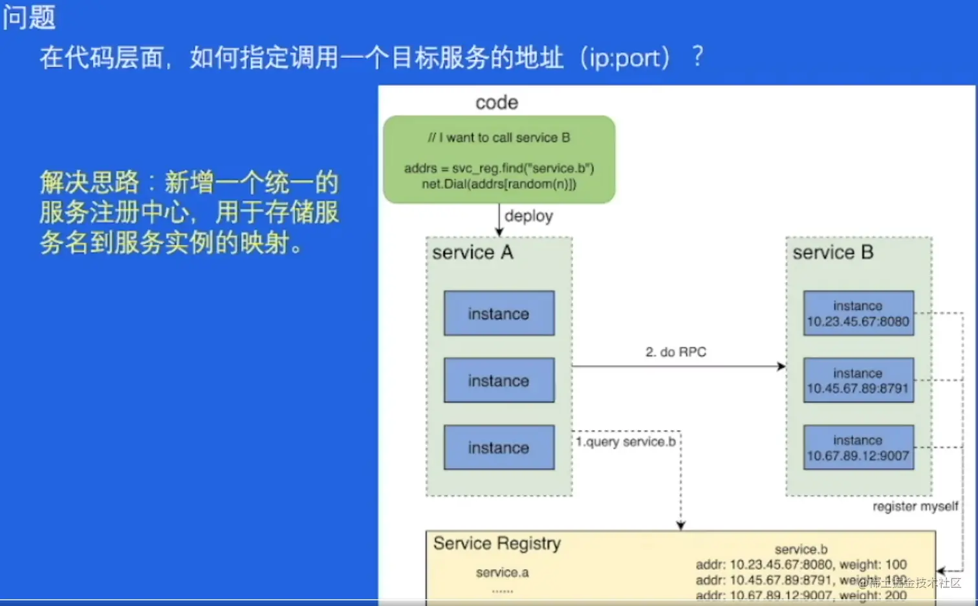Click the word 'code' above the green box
coord(497,103)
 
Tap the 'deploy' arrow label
coord(528,216)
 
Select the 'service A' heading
coord(473,252)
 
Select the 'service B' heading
coord(833,252)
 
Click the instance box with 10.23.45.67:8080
coord(858,314)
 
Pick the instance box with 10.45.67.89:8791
coord(858,381)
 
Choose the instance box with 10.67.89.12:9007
coord(858,448)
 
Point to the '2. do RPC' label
coord(676,352)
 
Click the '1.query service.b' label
coord(625,442)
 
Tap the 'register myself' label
coord(915,506)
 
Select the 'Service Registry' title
coord(497,543)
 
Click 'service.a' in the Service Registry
coord(502,572)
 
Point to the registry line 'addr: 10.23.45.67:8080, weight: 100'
coord(801,565)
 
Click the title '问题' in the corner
coord(29,17)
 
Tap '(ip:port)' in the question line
coord(625,58)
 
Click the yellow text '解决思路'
coord(89,182)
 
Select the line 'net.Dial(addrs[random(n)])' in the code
coord(499,184)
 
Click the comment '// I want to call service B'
coord(499,138)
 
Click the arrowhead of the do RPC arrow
coord(781,367)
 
